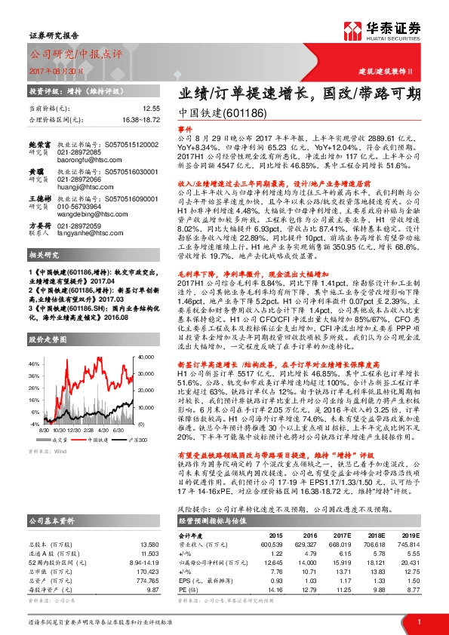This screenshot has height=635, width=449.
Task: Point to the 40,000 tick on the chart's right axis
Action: tap(147, 334)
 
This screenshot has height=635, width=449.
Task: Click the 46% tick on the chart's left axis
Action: tap(32, 342)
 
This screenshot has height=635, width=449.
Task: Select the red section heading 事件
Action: tap(186, 130)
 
